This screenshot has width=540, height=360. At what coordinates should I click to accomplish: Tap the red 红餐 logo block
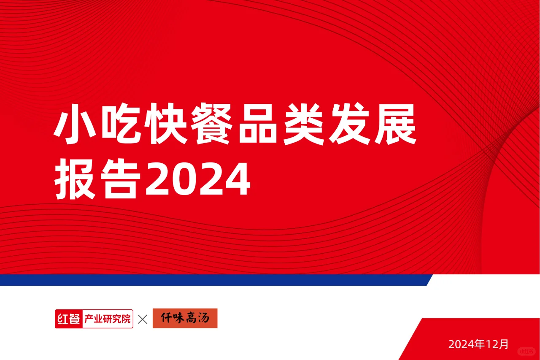[68, 319]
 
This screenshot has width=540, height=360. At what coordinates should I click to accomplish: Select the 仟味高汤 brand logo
[185, 319]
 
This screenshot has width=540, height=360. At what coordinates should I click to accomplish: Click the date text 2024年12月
[478, 344]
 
